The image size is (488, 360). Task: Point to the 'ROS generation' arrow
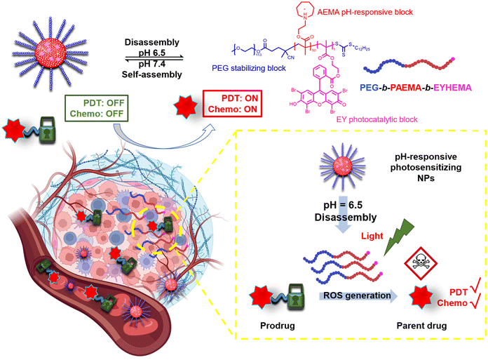click(x=358, y=296)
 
